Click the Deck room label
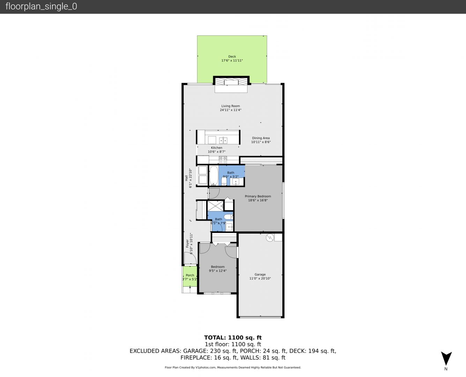pos(232,57)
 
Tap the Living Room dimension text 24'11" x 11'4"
pos(231,110)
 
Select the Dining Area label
pos(261,138)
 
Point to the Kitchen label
pos(216,148)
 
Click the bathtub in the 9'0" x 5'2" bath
pos(214,176)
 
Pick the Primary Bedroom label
pos(258,196)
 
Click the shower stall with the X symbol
pos(215,206)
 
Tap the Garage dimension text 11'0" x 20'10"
pos(260,278)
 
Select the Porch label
pos(190,275)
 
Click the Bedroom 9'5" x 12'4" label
pos(218,267)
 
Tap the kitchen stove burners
pos(223,160)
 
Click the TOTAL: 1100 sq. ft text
pos(233,338)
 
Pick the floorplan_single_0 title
pos(41,7)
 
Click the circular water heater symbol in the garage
pos(270,238)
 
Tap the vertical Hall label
pos(186,178)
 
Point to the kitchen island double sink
pos(223,140)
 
